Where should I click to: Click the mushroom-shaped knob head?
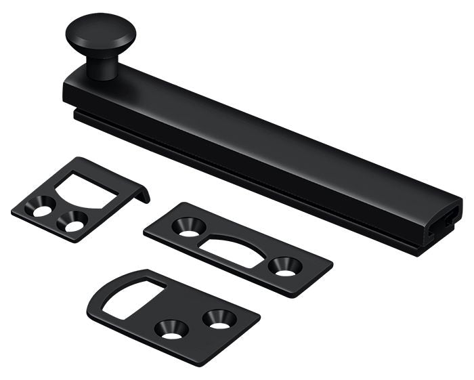tap(100, 32)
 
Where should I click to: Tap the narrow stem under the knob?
tap(102, 67)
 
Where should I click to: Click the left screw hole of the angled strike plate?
tap(43, 211)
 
